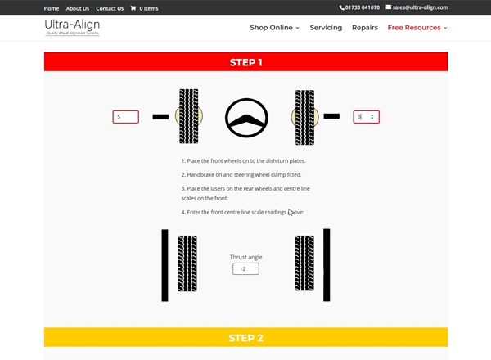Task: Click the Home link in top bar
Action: point(52,8)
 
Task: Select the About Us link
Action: point(78,8)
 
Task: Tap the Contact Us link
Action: point(110,8)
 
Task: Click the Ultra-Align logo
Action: point(72,28)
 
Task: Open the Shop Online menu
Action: point(274,28)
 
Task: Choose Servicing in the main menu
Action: point(326,28)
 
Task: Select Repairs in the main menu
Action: point(364,28)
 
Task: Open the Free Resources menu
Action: point(417,28)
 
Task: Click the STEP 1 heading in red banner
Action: point(245,62)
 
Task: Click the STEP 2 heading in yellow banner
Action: point(245,338)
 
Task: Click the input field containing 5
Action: point(125,117)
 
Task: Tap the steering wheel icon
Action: point(245,118)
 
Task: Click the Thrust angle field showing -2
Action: point(245,268)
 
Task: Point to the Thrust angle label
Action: point(245,257)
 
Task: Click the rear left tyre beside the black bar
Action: point(187,263)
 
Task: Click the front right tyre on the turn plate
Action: point(304,117)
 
